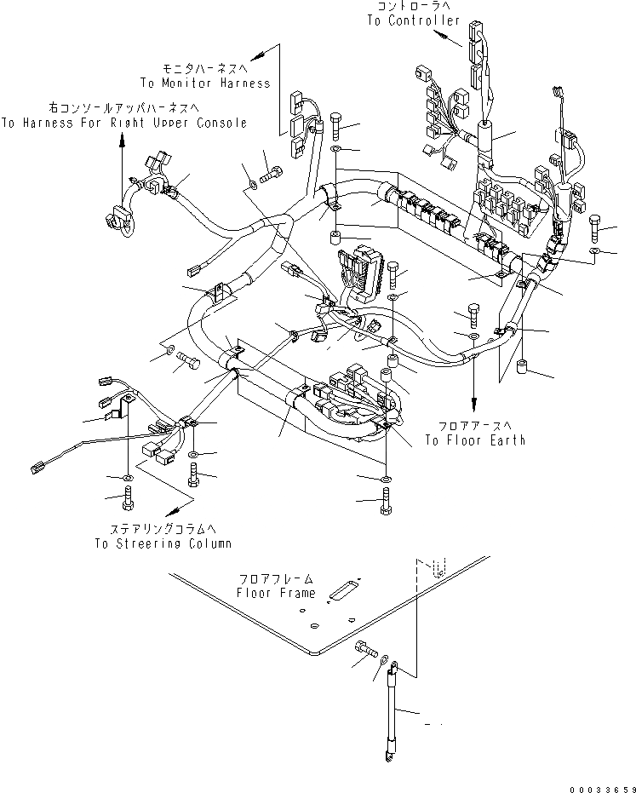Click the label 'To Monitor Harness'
pos(205,83)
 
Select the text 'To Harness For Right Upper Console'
pos(124,123)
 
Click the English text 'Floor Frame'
pos(276,593)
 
